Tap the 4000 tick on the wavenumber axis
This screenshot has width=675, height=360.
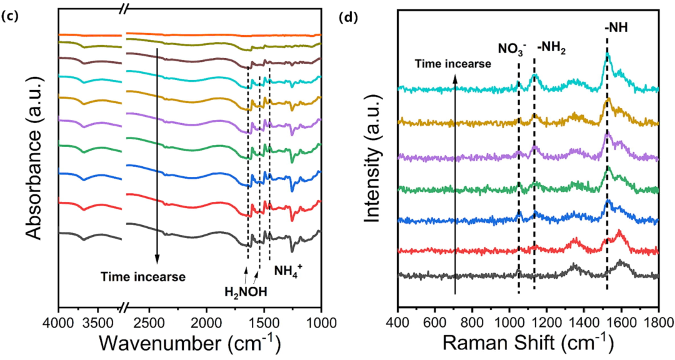point(58,318)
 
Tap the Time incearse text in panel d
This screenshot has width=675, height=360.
point(453,63)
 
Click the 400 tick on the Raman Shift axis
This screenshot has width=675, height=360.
point(397,318)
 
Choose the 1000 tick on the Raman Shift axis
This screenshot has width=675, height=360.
point(509,318)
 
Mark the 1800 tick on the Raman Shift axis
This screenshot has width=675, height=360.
point(659,318)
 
